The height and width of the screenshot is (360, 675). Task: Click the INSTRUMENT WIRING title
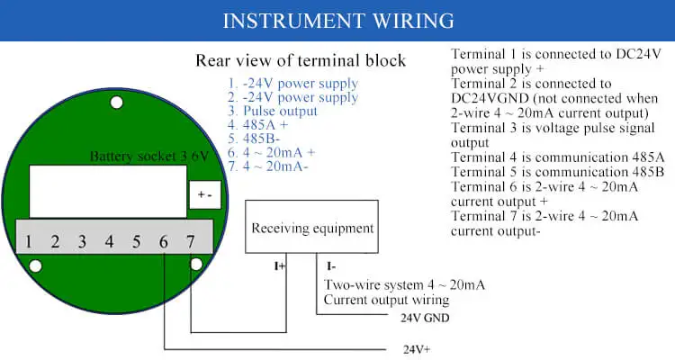pos(337,21)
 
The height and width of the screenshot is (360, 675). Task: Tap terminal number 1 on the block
pos(29,241)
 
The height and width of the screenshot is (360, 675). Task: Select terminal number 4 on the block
pos(110,241)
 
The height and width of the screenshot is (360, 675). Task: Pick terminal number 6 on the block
pos(163,241)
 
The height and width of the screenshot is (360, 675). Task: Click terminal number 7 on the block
pos(190,241)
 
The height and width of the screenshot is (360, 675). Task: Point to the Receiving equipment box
pos(312,228)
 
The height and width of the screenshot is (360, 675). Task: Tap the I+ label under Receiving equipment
pos(280,266)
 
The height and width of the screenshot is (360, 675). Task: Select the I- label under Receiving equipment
pos(330,266)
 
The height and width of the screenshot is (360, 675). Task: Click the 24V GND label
pos(424,318)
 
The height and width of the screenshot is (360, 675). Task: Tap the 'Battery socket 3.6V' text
pos(148,157)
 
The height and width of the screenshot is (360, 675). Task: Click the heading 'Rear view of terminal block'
pos(301,61)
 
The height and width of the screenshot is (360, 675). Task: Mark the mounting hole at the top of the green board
pos(116,103)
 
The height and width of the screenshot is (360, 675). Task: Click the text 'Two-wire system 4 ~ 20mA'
pos(404,285)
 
